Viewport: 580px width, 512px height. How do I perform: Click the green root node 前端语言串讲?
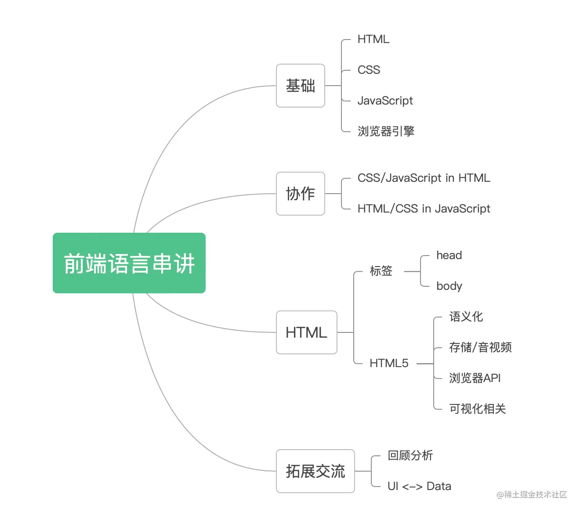(x=129, y=263)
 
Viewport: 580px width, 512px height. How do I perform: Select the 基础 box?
(x=301, y=86)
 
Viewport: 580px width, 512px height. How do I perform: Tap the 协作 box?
(x=301, y=194)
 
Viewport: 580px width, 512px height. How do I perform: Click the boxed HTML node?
(x=306, y=332)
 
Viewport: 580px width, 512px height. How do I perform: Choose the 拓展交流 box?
(x=315, y=471)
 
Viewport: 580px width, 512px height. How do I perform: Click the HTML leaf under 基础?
(x=373, y=39)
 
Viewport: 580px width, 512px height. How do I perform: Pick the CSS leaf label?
(x=369, y=70)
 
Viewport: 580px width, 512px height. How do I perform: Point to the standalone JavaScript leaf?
(x=385, y=101)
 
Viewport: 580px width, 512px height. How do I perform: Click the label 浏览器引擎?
(x=386, y=131)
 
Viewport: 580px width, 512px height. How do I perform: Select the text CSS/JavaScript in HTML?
(x=424, y=178)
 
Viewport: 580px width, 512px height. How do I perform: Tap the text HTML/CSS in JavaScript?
(x=424, y=209)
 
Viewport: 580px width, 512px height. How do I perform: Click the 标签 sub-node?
(x=381, y=271)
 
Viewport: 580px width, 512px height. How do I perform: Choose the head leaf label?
(x=449, y=256)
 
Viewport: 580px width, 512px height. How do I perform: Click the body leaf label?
(x=449, y=286)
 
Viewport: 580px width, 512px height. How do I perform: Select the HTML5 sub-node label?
(x=389, y=363)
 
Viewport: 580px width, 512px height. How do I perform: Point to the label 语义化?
(x=466, y=317)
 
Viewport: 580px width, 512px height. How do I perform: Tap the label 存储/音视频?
(x=480, y=347)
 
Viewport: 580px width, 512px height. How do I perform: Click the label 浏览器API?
(x=475, y=378)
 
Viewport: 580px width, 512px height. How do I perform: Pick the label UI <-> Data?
(x=419, y=486)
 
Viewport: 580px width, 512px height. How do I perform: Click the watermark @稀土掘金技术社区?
(x=532, y=495)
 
